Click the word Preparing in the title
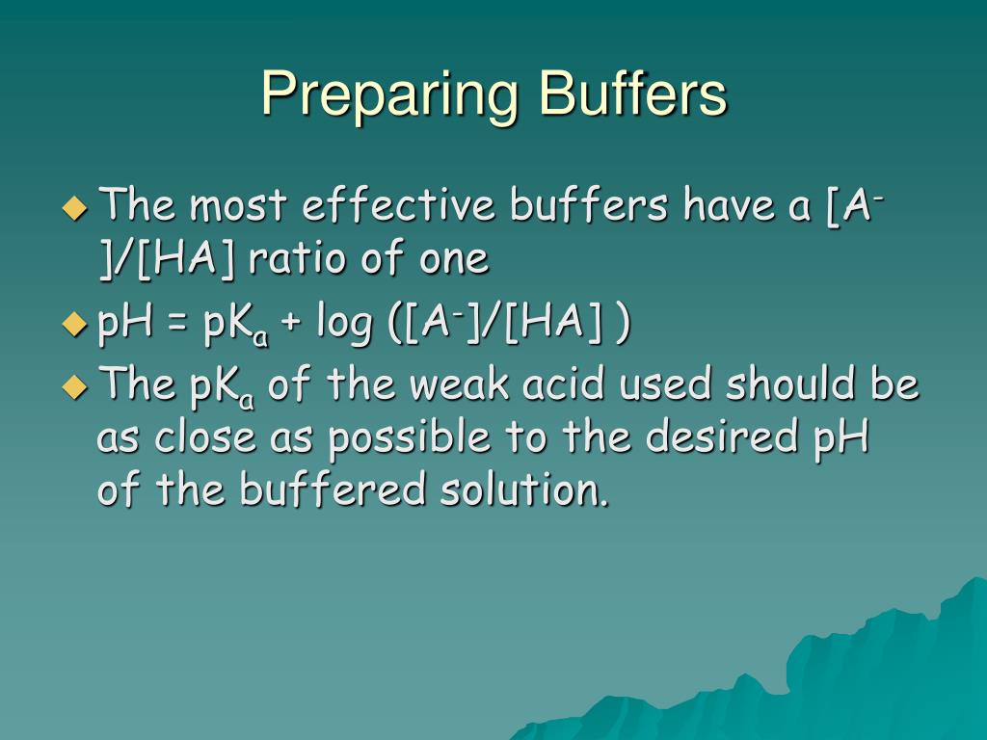pyautogui.click(x=390, y=95)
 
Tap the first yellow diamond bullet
pyautogui.click(x=74, y=207)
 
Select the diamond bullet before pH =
pyautogui.click(x=74, y=325)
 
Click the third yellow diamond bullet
pyautogui.click(x=74, y=386)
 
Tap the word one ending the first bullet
pyautogui.click(x=453, y=260)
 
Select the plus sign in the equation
pyautogui.click(x=291, y=326)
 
